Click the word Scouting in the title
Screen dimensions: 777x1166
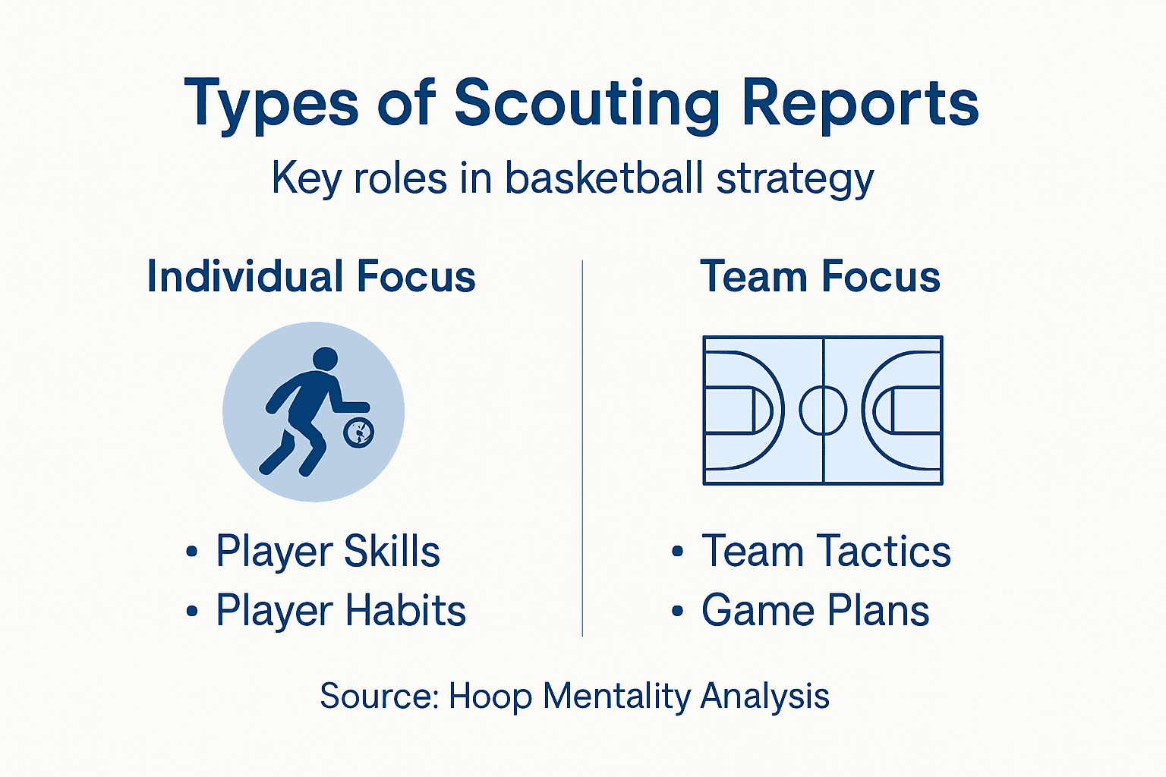[x=586, y=104]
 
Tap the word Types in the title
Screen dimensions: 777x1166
[x=271, y=104]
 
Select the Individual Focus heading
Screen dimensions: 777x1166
[x=311, y=276]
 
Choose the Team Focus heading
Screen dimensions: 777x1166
[x=820, y=276]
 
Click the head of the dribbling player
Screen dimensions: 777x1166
[x=325, y=359]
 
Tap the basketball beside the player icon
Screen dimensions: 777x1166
[x=358, y=432]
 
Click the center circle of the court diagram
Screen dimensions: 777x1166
[x=823, y=410]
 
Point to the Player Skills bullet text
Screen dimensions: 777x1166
[x=327, y=552]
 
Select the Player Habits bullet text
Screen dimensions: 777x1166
[x=340, y=611]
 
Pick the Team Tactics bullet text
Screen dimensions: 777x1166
[x=826, y=552]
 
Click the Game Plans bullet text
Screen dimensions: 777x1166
[x=815, y=611]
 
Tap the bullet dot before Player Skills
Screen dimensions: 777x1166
[x=192, y=552]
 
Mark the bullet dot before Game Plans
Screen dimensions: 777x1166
[x=678, y=612]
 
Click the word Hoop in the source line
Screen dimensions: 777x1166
[x=490, y=697]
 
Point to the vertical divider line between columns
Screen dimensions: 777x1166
[x=582, y=448]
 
